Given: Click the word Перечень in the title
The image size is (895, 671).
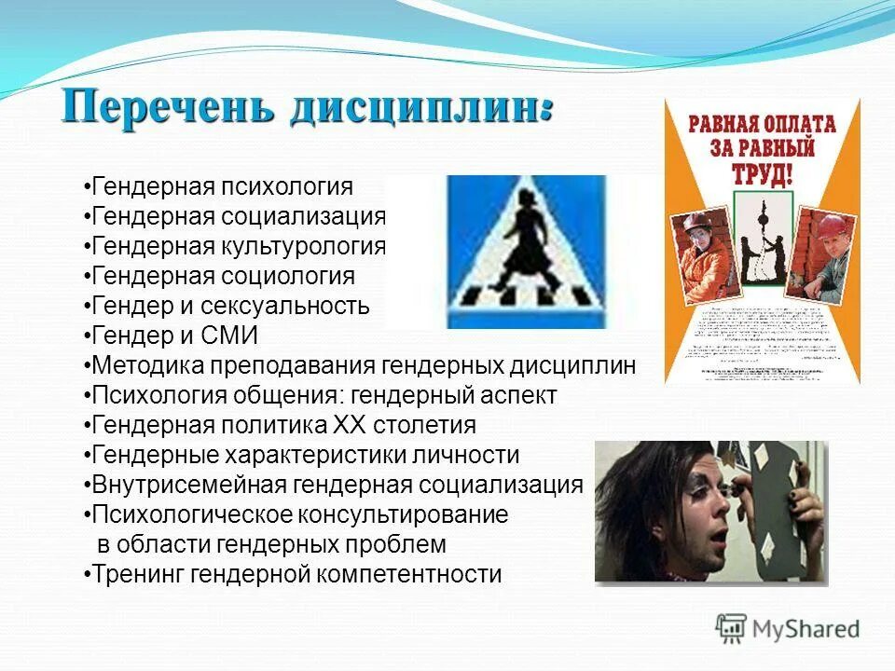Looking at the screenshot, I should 168,105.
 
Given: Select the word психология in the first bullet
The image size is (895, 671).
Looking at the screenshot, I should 287,187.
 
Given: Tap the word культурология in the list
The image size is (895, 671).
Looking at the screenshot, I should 303,247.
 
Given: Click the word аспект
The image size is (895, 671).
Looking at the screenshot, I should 515,396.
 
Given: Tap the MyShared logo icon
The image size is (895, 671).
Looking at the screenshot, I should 732,627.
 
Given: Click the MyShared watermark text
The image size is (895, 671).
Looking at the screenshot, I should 807,629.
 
